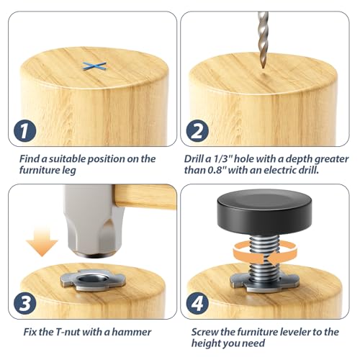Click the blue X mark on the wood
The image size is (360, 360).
[x=94, y=66]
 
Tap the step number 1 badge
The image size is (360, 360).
[x=25, y=131]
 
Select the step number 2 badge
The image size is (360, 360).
[x=197, y=131]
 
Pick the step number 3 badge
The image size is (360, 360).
[x=25, y=303]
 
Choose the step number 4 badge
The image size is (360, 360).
[x=197, y=303]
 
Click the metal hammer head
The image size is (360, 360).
[x=94, y=221]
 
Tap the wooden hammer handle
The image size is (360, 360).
[x=145, y=197]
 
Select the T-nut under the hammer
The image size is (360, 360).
[x=93, y=280]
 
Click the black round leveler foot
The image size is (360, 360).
[x=264, y=212]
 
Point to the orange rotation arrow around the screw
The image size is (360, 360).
[x=265, y=255]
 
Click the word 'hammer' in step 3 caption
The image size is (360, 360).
[x=132, y=332]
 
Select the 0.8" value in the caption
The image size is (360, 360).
[x=217, y=170]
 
